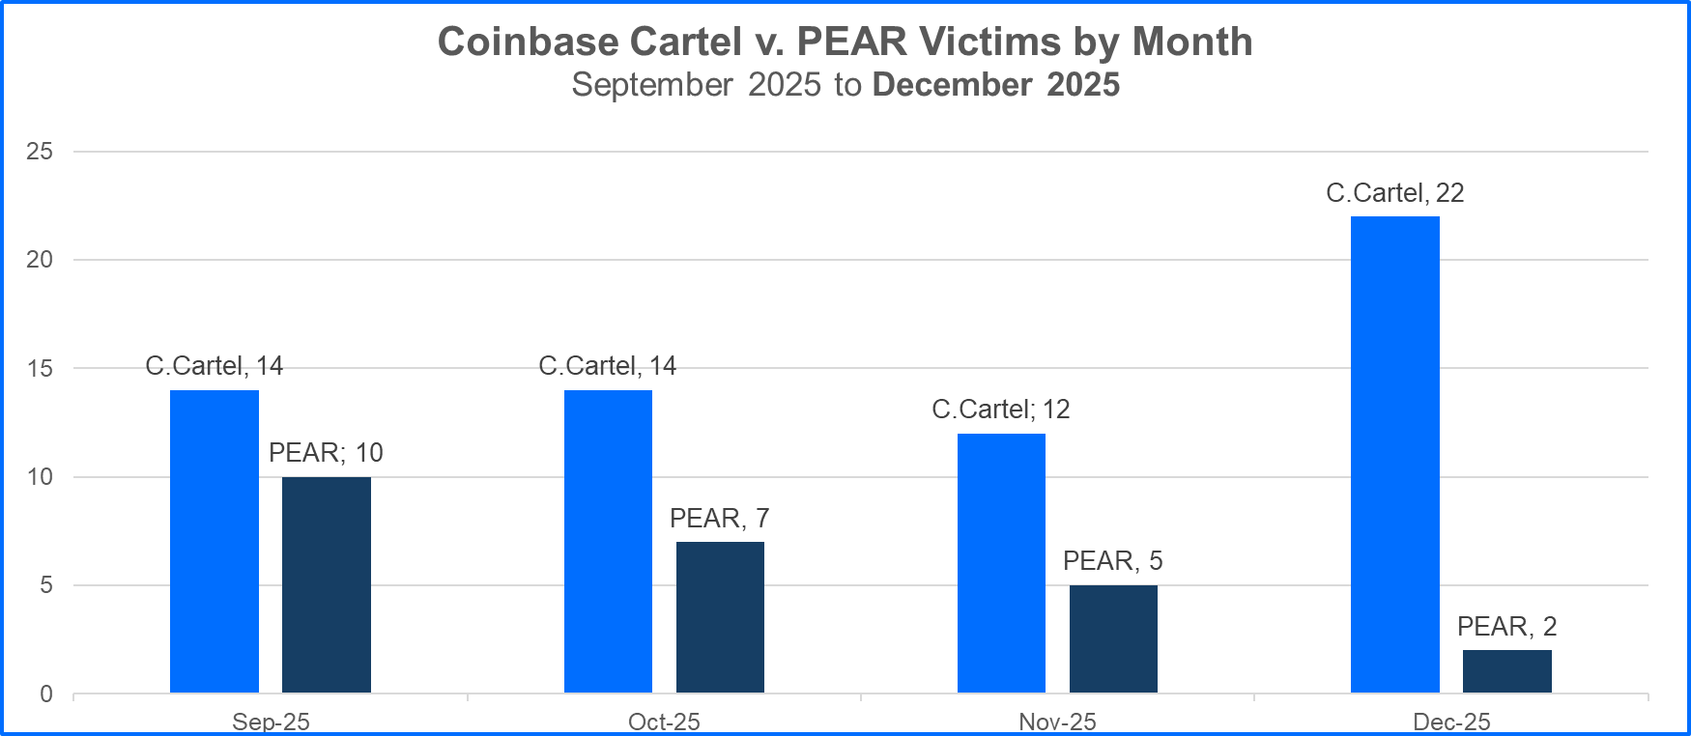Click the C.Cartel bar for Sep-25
(215, 541)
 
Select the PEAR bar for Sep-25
(327, 584)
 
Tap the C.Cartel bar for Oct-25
(608, 541)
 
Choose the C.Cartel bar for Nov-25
(1001, 563)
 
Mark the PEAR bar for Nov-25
(1113, 638)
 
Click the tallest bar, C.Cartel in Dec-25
(1394, 454)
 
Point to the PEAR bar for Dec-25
(1506, 671)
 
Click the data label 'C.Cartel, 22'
(1394, 193)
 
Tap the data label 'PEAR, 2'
(1506, 627)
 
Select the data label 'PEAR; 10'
(326, 453)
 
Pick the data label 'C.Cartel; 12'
(1000, 410)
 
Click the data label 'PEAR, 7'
(719, 519)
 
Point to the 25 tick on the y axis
(40, 152)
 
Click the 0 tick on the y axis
(46, 694)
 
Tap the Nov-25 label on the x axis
(1057, 722)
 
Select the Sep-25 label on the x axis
(271, 722)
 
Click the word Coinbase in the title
(528, 42)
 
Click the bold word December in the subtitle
(952, 85)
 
